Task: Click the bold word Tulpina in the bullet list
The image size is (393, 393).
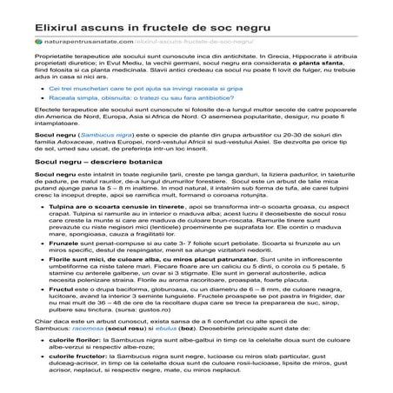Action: coord(63,232)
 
